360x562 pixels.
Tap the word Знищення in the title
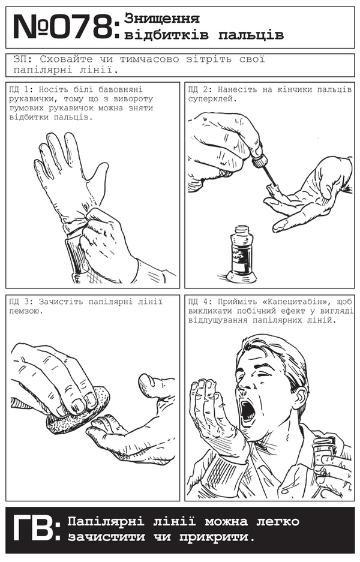pyautogui.click(x=162, y=18)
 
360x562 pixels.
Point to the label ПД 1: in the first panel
pyautogui.click(x=22, y=89)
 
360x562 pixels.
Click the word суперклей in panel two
pyautogui.click(x=212, y=99)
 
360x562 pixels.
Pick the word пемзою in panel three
pyautogui.click(x=26, y=311)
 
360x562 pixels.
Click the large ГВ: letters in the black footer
pyautogui.click(x=35, y=528)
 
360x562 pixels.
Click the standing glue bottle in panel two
pyautogui.click(x=241, y=254)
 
